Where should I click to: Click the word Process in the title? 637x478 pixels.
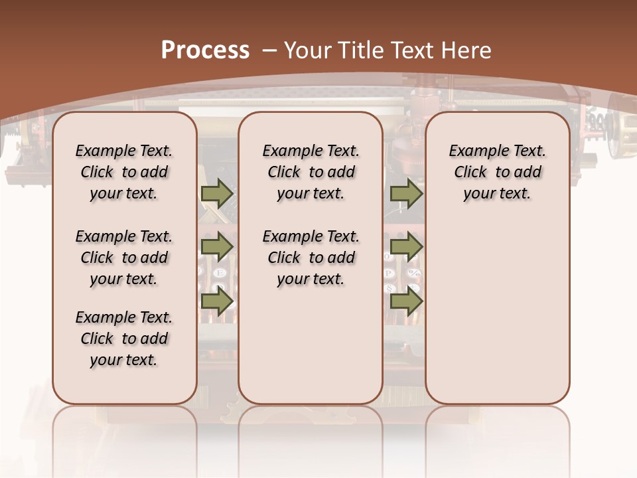click(x=205, y=50)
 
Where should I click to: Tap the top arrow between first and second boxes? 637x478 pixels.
click(x=217, y=193)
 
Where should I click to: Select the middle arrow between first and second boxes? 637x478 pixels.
click(x=217, y=246)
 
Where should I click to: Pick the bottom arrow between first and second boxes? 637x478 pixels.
click(x=217, y=301)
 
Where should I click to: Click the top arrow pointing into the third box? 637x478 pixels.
click(x=405, y=193)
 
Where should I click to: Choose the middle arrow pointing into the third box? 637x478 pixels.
click(x=405, y=246)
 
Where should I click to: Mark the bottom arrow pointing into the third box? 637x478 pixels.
click(x=405, y=301)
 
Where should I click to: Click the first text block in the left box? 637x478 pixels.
click(x=124, y=172)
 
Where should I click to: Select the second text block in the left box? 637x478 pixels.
click(x=124, y=258)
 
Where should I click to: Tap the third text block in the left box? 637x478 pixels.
click(x=124, y=339)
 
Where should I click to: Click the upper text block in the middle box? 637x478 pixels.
click(x=311, y=172)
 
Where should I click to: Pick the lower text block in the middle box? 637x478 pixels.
click(x=311, y=258)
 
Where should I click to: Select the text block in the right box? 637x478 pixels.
click(x=497, y=172)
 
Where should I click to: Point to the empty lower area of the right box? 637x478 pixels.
click(x=497, y=312)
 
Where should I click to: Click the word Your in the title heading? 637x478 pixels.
click(x=308, y=50)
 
